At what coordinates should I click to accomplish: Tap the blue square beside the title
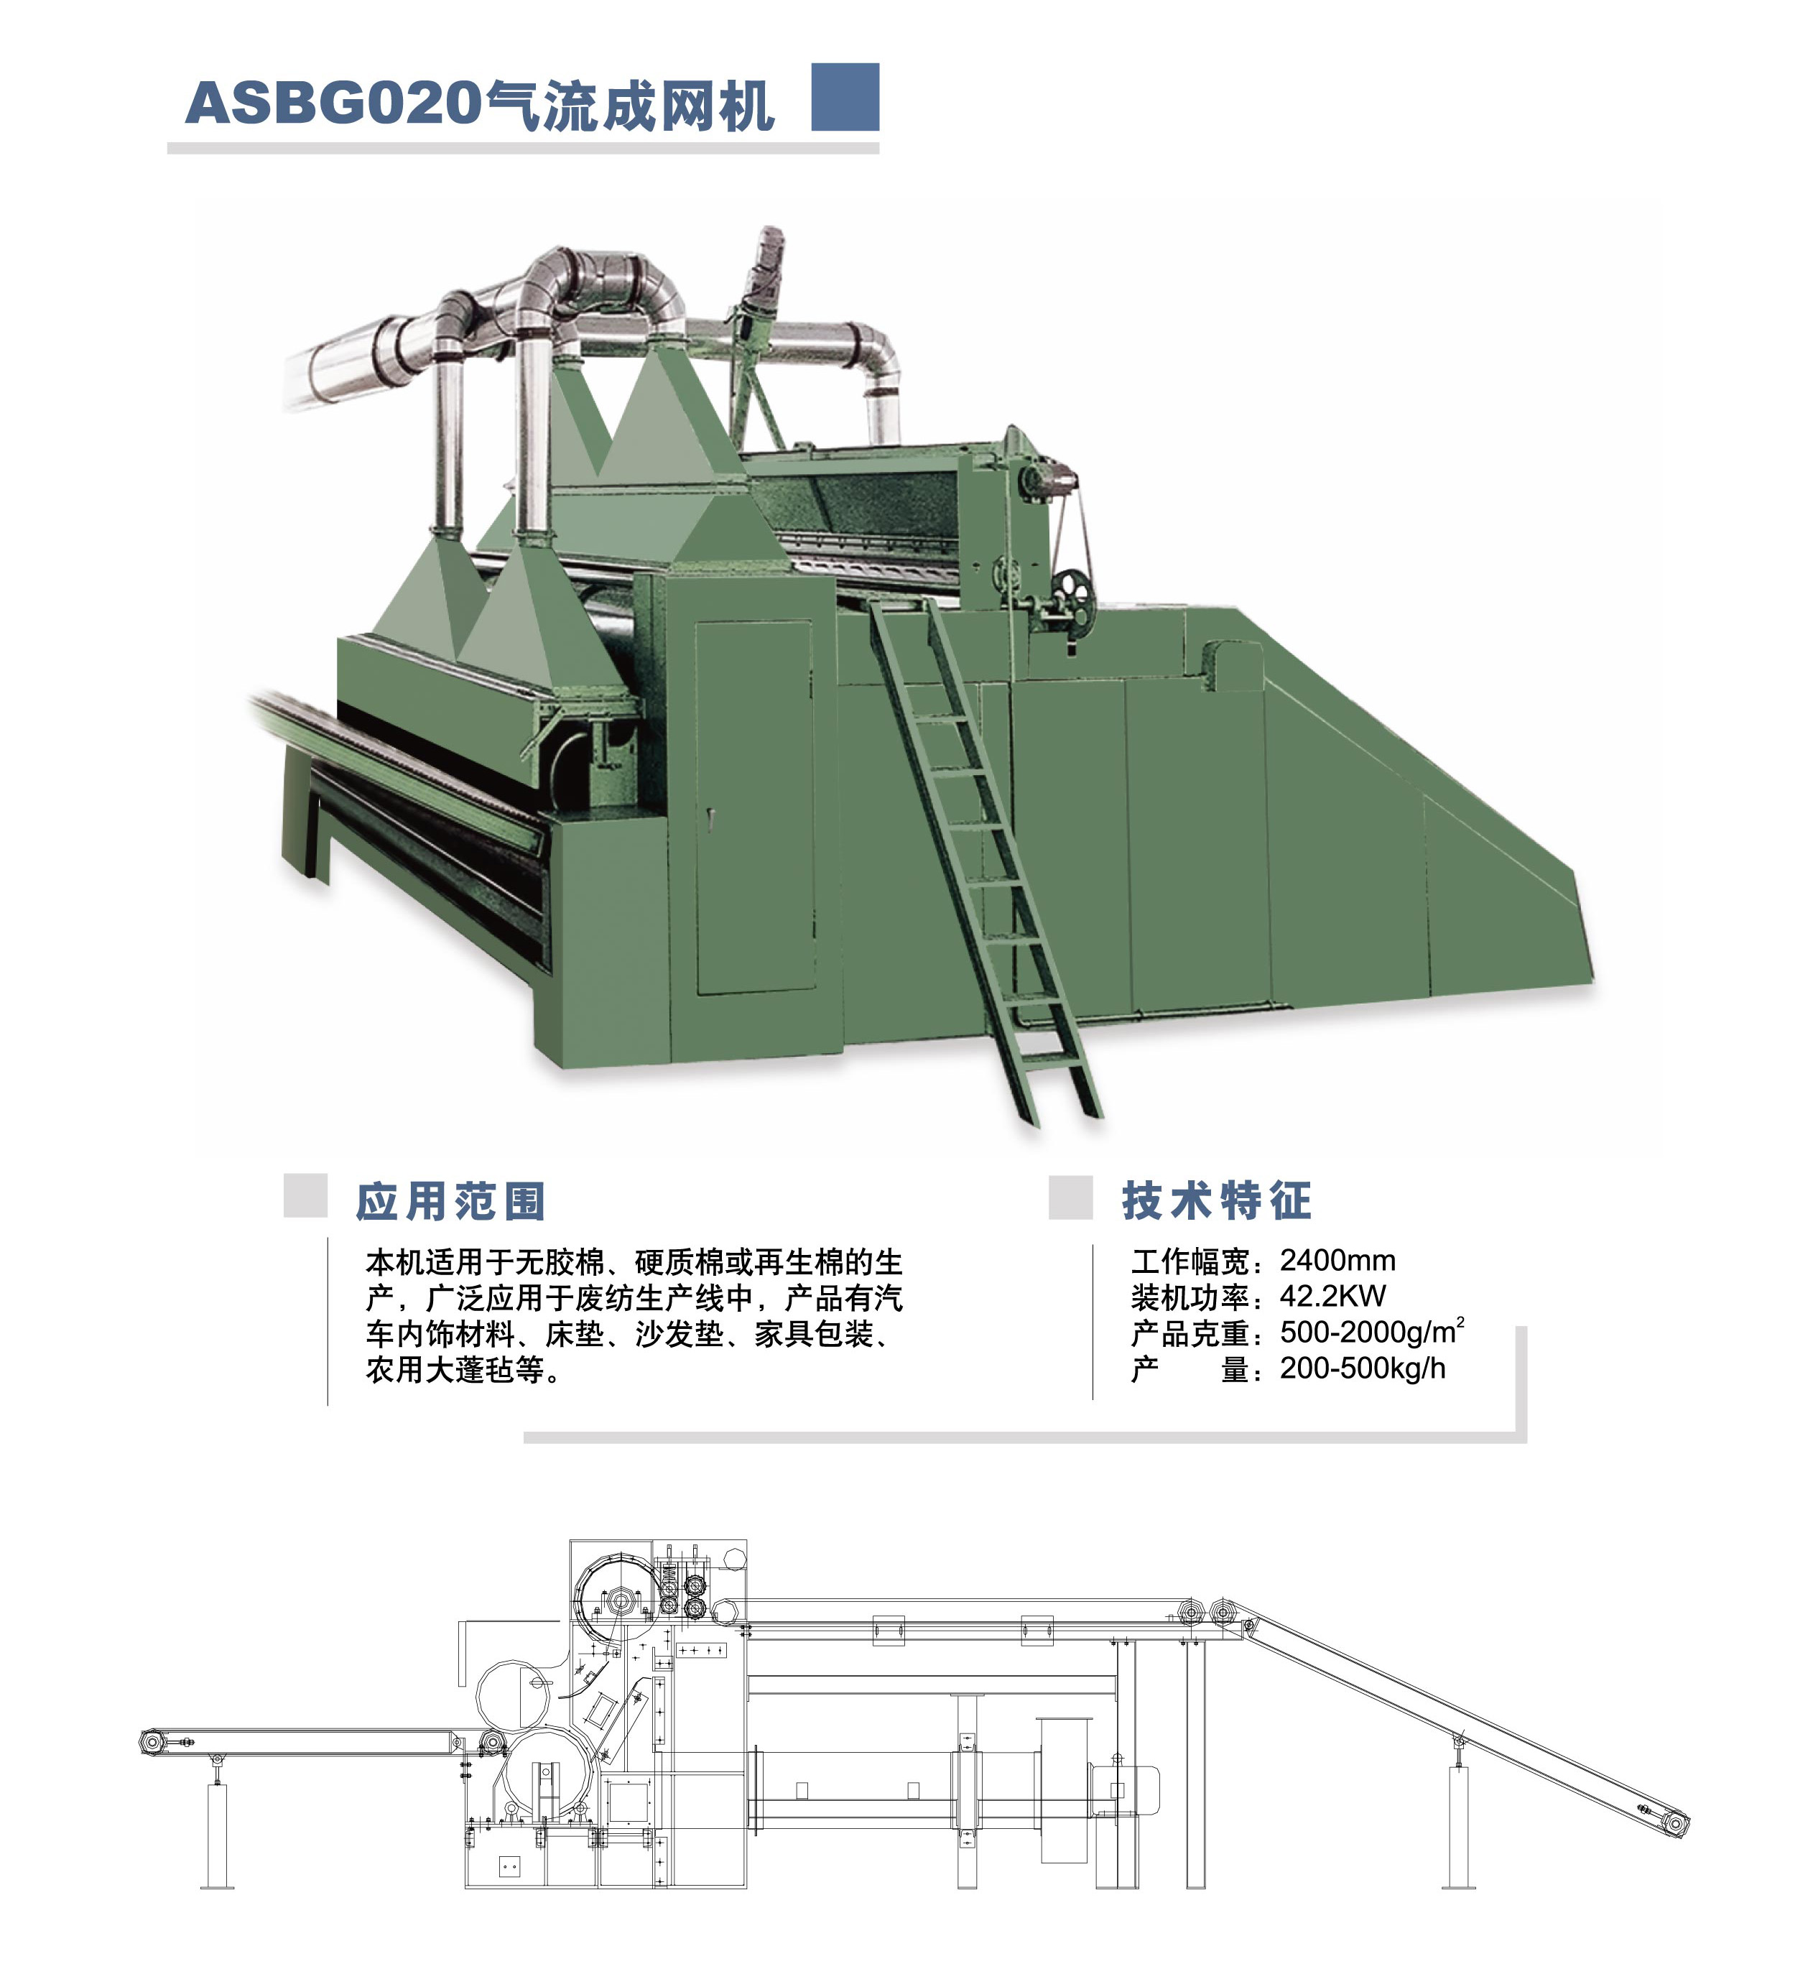tap(845, 97)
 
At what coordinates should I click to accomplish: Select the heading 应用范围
tap(450, 1202)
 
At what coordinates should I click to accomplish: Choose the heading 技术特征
tap(1217, 1201)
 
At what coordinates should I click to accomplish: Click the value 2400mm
tap(1337, 1261)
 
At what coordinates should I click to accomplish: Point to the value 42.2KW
tap(1332, 1297)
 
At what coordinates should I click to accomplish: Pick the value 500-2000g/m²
tap(1371, 1333)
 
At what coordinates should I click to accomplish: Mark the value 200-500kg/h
tap(1362, 1368)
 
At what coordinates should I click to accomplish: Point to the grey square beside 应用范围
tap(305, 1196)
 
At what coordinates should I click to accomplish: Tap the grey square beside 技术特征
tap(1070, 1197)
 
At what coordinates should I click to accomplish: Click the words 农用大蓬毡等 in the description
tap(455, 1370)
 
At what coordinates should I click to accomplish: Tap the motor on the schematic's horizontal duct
tap(1128, 1789)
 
